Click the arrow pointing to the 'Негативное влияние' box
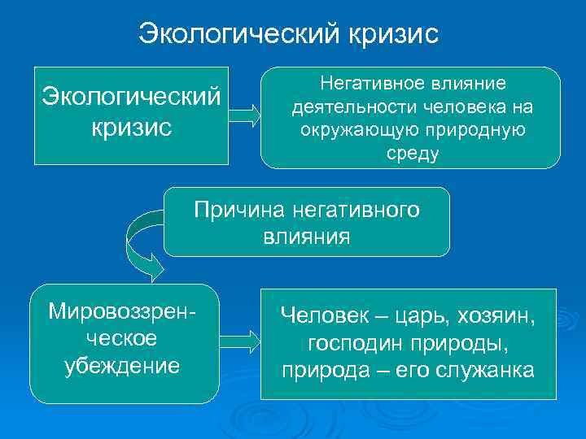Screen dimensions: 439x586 tap(243, 115)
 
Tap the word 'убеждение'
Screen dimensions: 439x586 tap(122, 365)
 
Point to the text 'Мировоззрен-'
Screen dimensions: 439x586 tap(122, 311)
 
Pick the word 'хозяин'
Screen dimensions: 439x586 tap(497, 315)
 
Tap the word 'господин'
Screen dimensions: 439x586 tap(355, 342)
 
